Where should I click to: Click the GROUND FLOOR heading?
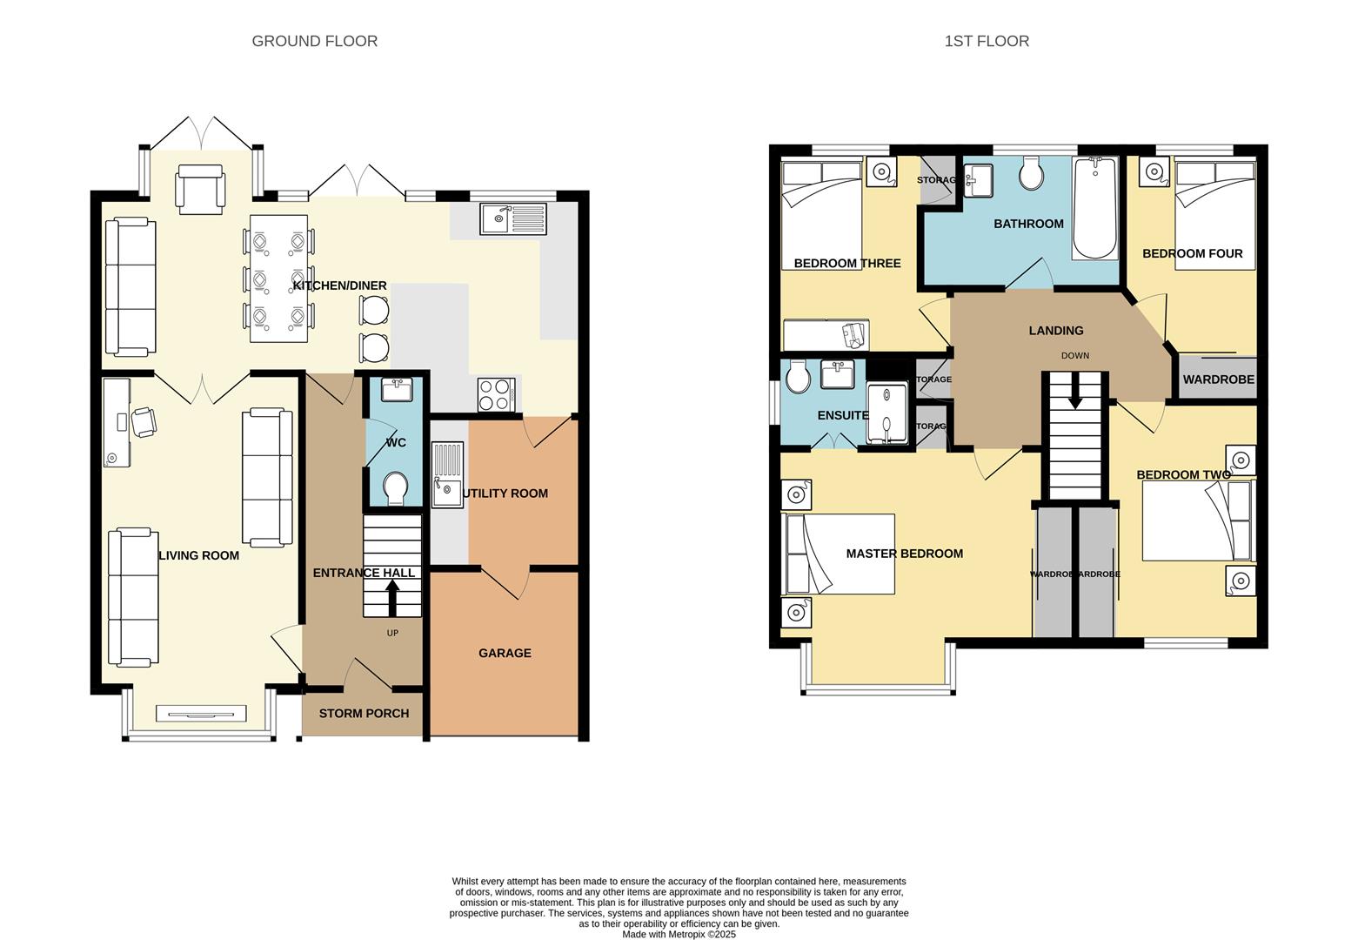click(x=314, y=41)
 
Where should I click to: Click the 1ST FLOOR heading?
click(x=987, y=41)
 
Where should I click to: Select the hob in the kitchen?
click(x=496, y=394)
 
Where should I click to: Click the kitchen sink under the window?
click(x=512, y=218)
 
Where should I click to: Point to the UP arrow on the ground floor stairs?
click(x=392, y=598)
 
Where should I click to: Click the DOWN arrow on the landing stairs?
click(x=1075, y=391)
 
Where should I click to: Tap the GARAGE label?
click(x=505, y=653)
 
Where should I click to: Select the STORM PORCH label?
click(x=364, y=714)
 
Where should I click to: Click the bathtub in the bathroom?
click(x=1095, y=209)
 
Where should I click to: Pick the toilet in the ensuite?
click(x=797, y=379)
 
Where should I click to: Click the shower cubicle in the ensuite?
click(x=886, y=415)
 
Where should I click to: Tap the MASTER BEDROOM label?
click(x=904, y=554)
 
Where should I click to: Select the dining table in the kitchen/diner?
click(x=278, y=278)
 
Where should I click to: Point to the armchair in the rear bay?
click(x=201, y=189)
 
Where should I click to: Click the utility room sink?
click(x=448, y=475)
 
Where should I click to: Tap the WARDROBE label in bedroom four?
click(x=1218, y=379)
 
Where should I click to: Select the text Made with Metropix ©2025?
click(x=679, y=935)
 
